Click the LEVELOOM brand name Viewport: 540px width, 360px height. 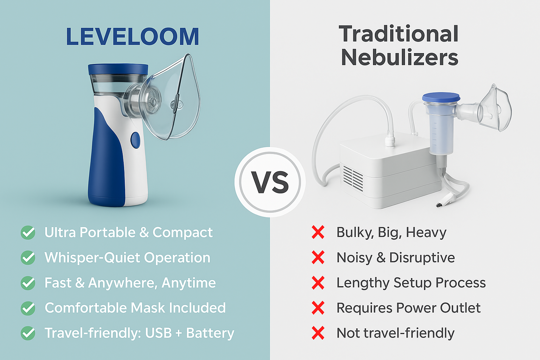coord(133,37)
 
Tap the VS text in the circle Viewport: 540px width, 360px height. coord(270,182)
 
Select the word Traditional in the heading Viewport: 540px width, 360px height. coord(398,34)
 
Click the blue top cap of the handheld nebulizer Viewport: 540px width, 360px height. coord(118,69)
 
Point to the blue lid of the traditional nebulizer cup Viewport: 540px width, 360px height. coord(441,97)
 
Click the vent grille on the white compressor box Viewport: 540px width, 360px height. coord(353,178)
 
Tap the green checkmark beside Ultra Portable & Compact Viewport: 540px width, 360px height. coord(28,232)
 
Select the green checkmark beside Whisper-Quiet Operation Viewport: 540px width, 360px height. coord(28,258)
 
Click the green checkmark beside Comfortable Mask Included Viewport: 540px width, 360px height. coord(28,308)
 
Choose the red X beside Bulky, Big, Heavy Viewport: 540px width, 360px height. coord(318,232)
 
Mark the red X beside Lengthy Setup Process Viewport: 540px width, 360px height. coord(318,283)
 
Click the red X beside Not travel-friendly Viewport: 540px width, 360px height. coord(318,333)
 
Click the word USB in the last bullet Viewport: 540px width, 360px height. coord(159,333)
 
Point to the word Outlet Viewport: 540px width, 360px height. coord(460,308)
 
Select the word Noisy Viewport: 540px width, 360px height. coord(354,258)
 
